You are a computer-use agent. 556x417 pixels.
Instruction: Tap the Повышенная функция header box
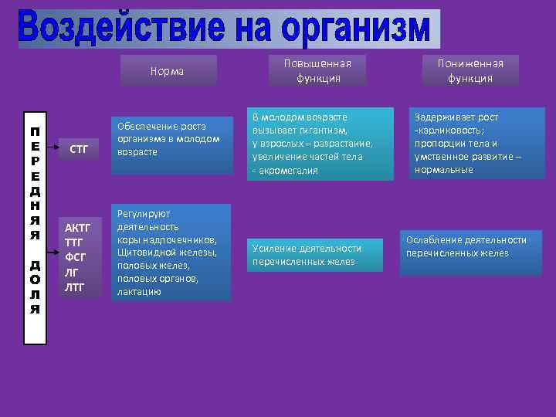point(318,70)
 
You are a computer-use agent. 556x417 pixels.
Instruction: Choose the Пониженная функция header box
point(470,70)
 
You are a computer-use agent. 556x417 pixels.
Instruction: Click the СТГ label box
point(79,148)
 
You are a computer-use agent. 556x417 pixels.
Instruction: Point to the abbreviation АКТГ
point(79,228)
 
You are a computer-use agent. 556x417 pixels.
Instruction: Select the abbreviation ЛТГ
point(75,287)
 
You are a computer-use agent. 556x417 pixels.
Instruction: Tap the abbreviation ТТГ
point(74,242)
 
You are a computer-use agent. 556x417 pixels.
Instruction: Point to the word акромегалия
point(287,170)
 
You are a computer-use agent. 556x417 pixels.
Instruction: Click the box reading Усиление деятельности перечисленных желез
point(307,255)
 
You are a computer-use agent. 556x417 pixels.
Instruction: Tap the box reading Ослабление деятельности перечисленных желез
point(466,246)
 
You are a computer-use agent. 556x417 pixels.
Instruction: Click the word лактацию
point(139,291)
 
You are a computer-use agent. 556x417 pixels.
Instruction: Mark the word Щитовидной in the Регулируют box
point(144,253)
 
